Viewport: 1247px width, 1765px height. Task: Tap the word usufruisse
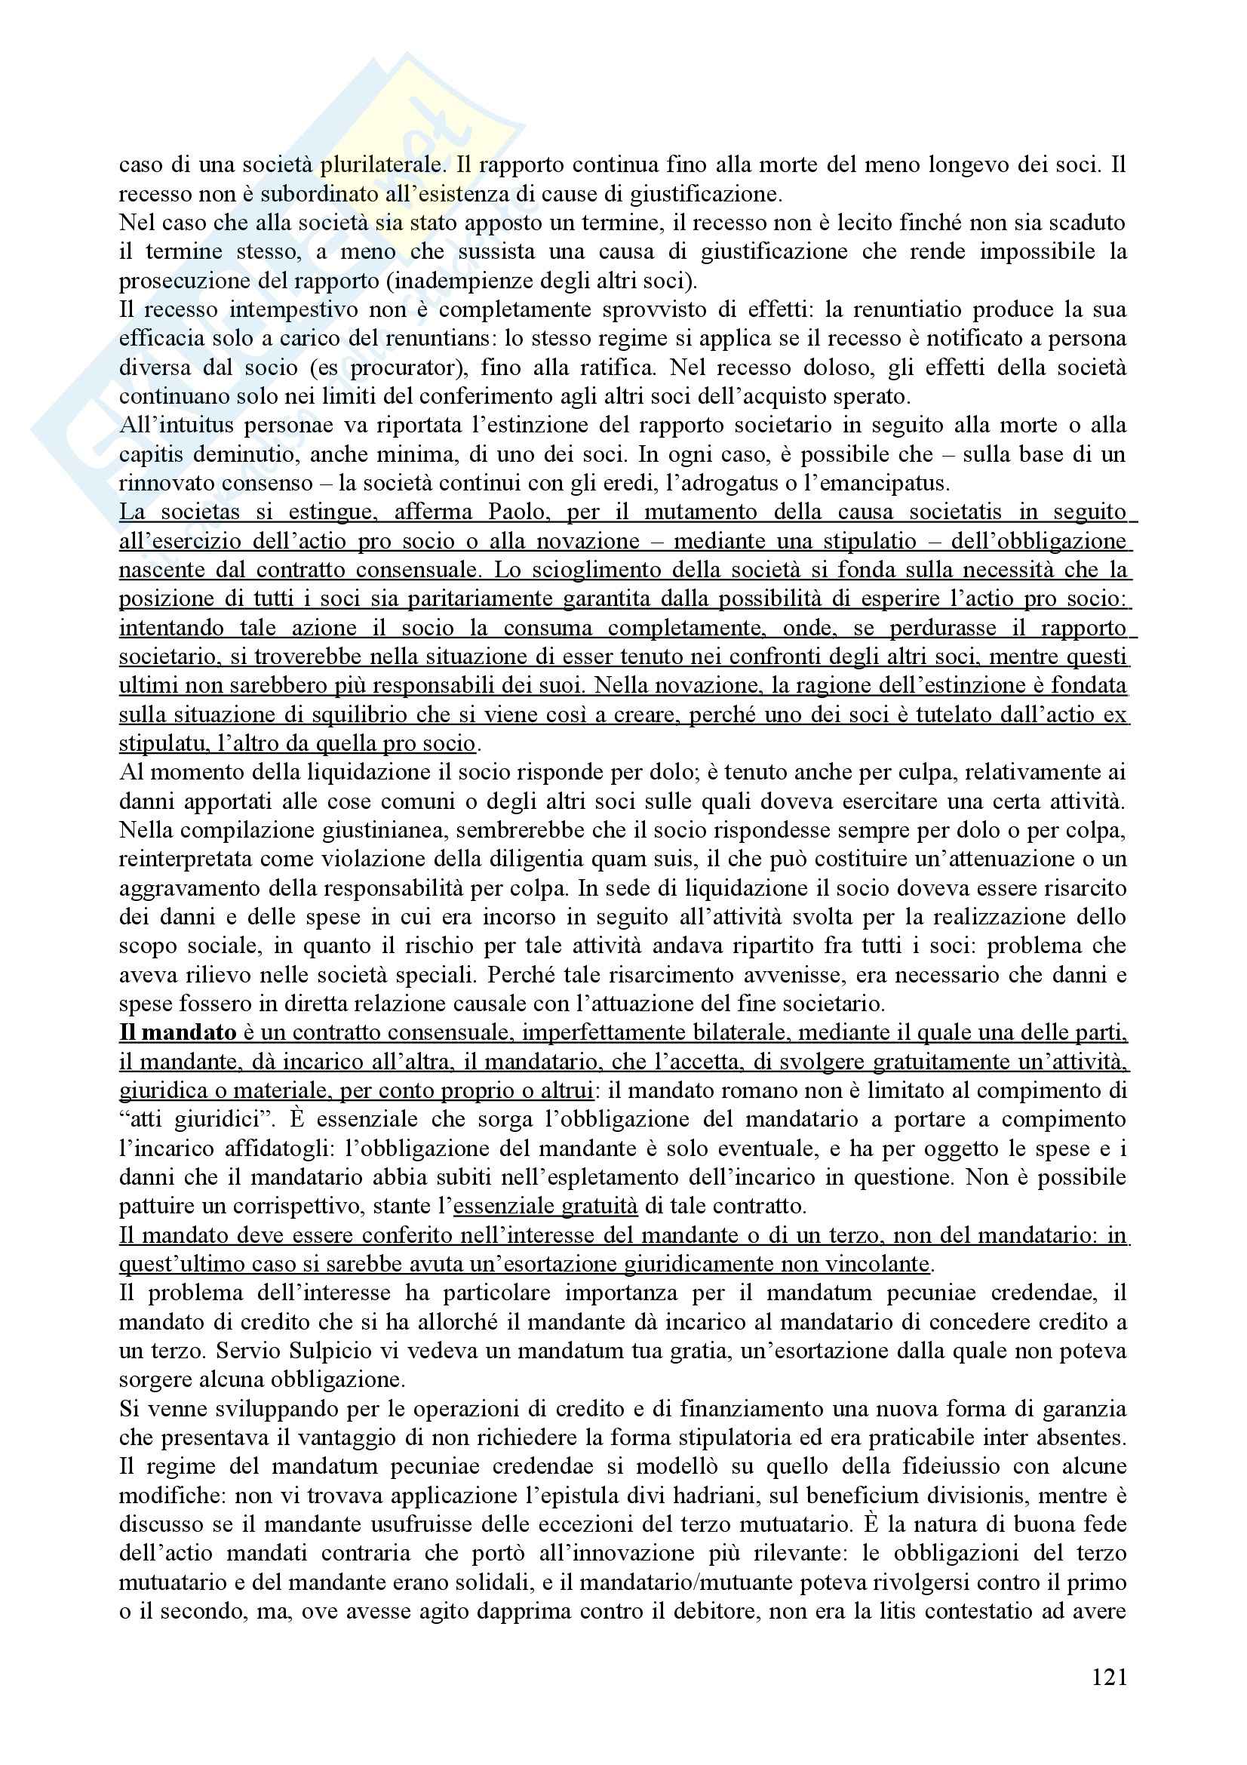click(478, 1524)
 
